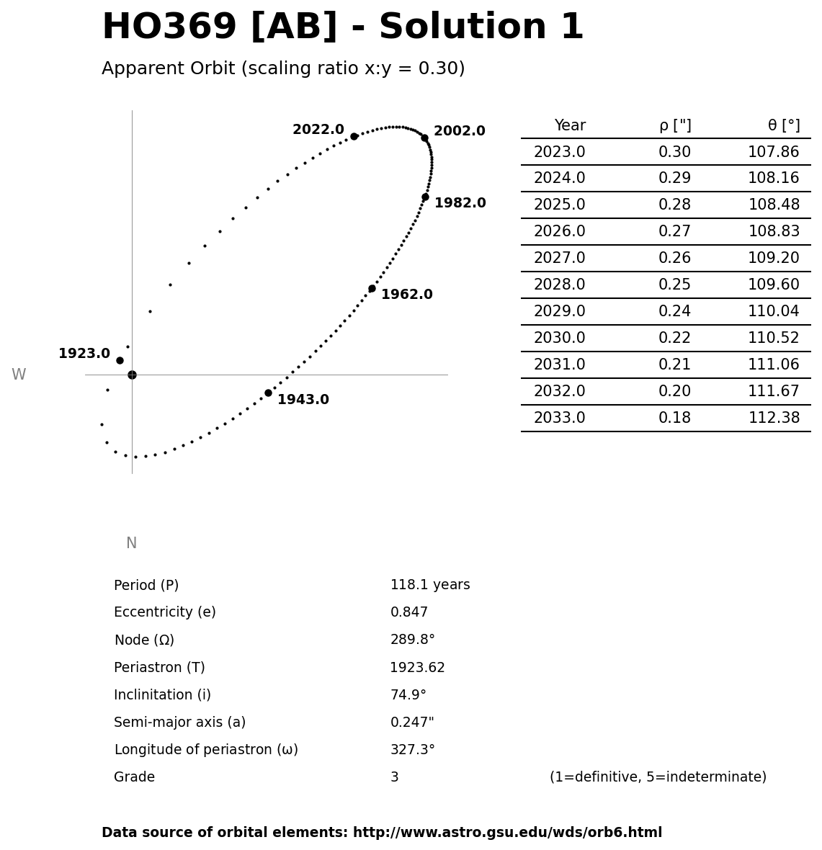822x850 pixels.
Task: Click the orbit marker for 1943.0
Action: [268, 393]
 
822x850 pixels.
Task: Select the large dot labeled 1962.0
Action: [372, 288]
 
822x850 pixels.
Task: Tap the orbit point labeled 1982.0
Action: [425, 197]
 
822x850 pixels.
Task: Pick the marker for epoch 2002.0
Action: [424, 138]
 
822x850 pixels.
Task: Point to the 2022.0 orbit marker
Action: [354, 136]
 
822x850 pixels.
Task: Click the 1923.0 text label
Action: [84, 354]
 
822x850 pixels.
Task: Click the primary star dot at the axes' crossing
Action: [132, 375]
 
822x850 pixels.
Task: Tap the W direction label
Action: [19, 375]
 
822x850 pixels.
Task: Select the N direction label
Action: [131, 543]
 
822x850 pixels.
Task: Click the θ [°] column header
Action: [783, 125]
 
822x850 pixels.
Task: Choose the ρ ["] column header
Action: [674, 125]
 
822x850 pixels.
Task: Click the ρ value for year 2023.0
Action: [674, 152]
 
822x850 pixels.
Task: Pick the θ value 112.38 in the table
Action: [774, 418]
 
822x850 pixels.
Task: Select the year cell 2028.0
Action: [559, 285]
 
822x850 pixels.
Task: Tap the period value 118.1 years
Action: [430, 585]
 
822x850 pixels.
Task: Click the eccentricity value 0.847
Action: [409, 612]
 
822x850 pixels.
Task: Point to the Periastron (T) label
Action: [159, 668]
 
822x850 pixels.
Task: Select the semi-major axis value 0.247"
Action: [412, 722]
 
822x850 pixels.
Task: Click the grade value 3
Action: [394, 777]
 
